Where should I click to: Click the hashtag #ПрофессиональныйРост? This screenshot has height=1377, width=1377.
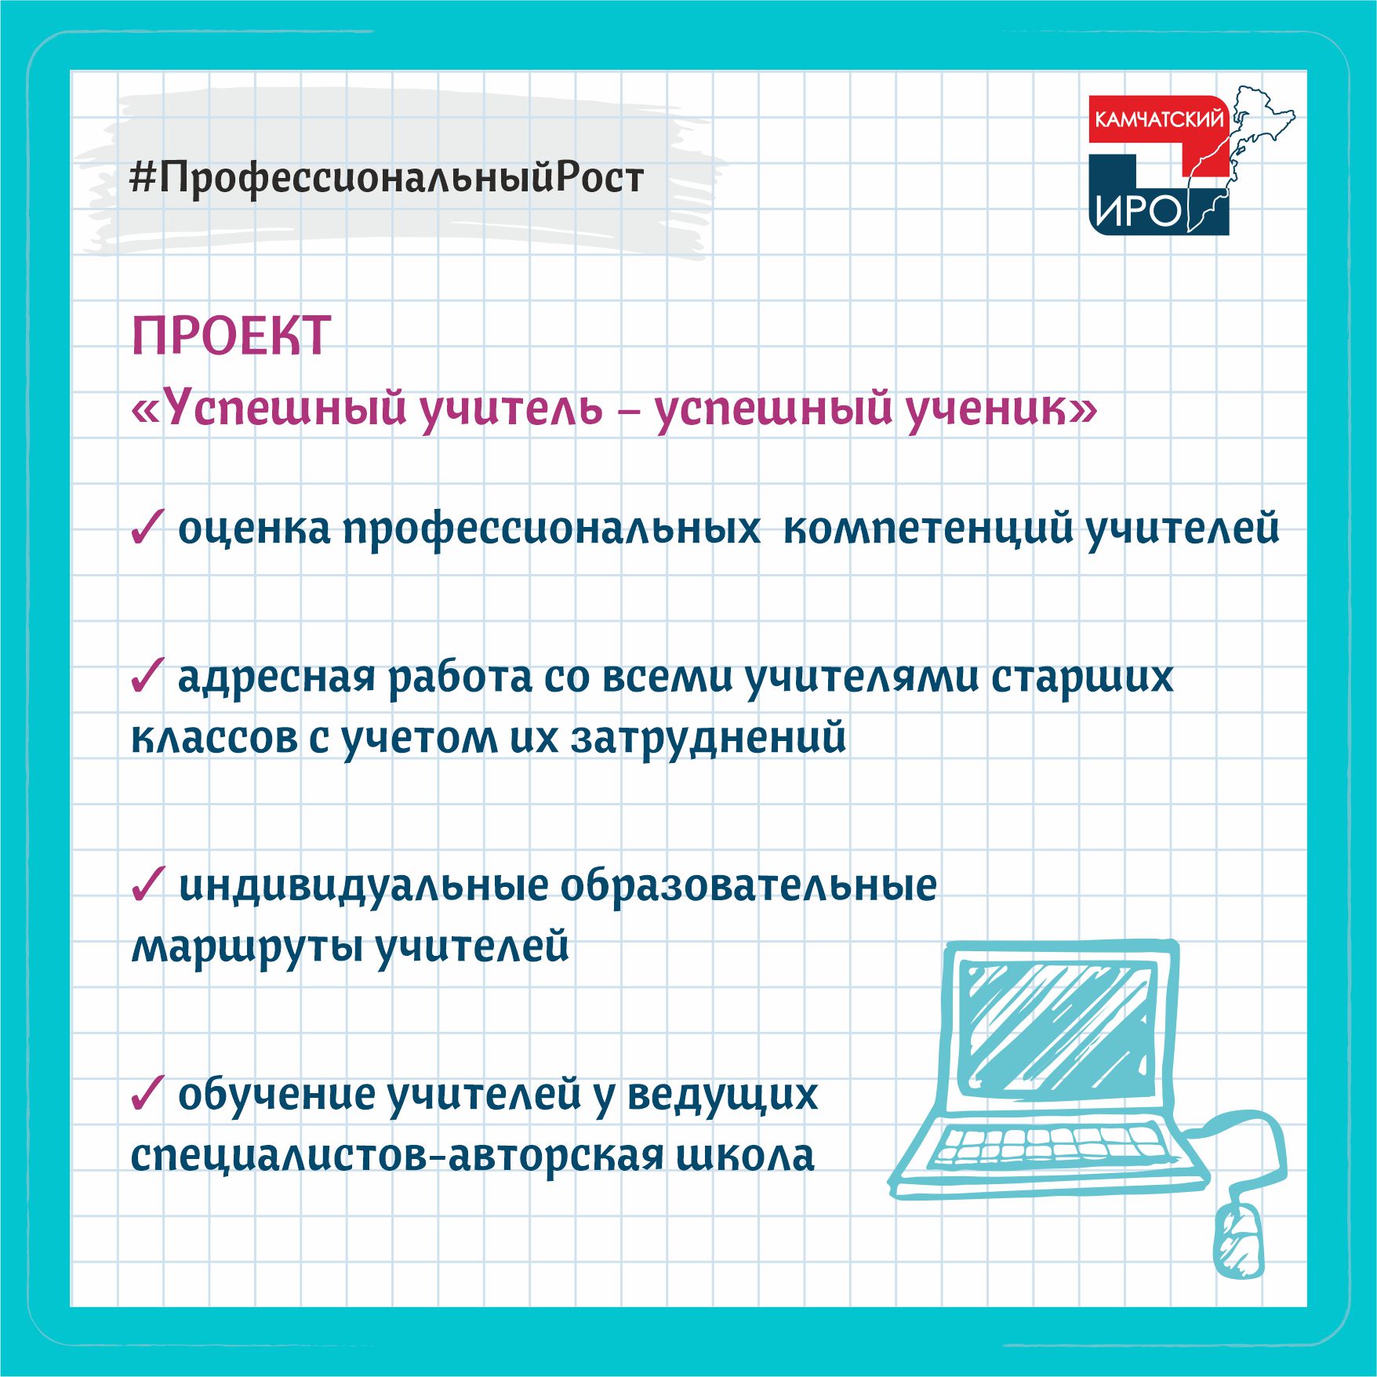(387, 179)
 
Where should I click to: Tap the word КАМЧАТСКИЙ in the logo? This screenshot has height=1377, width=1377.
(1158, 119)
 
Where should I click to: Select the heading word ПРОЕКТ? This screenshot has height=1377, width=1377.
(231, 336)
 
